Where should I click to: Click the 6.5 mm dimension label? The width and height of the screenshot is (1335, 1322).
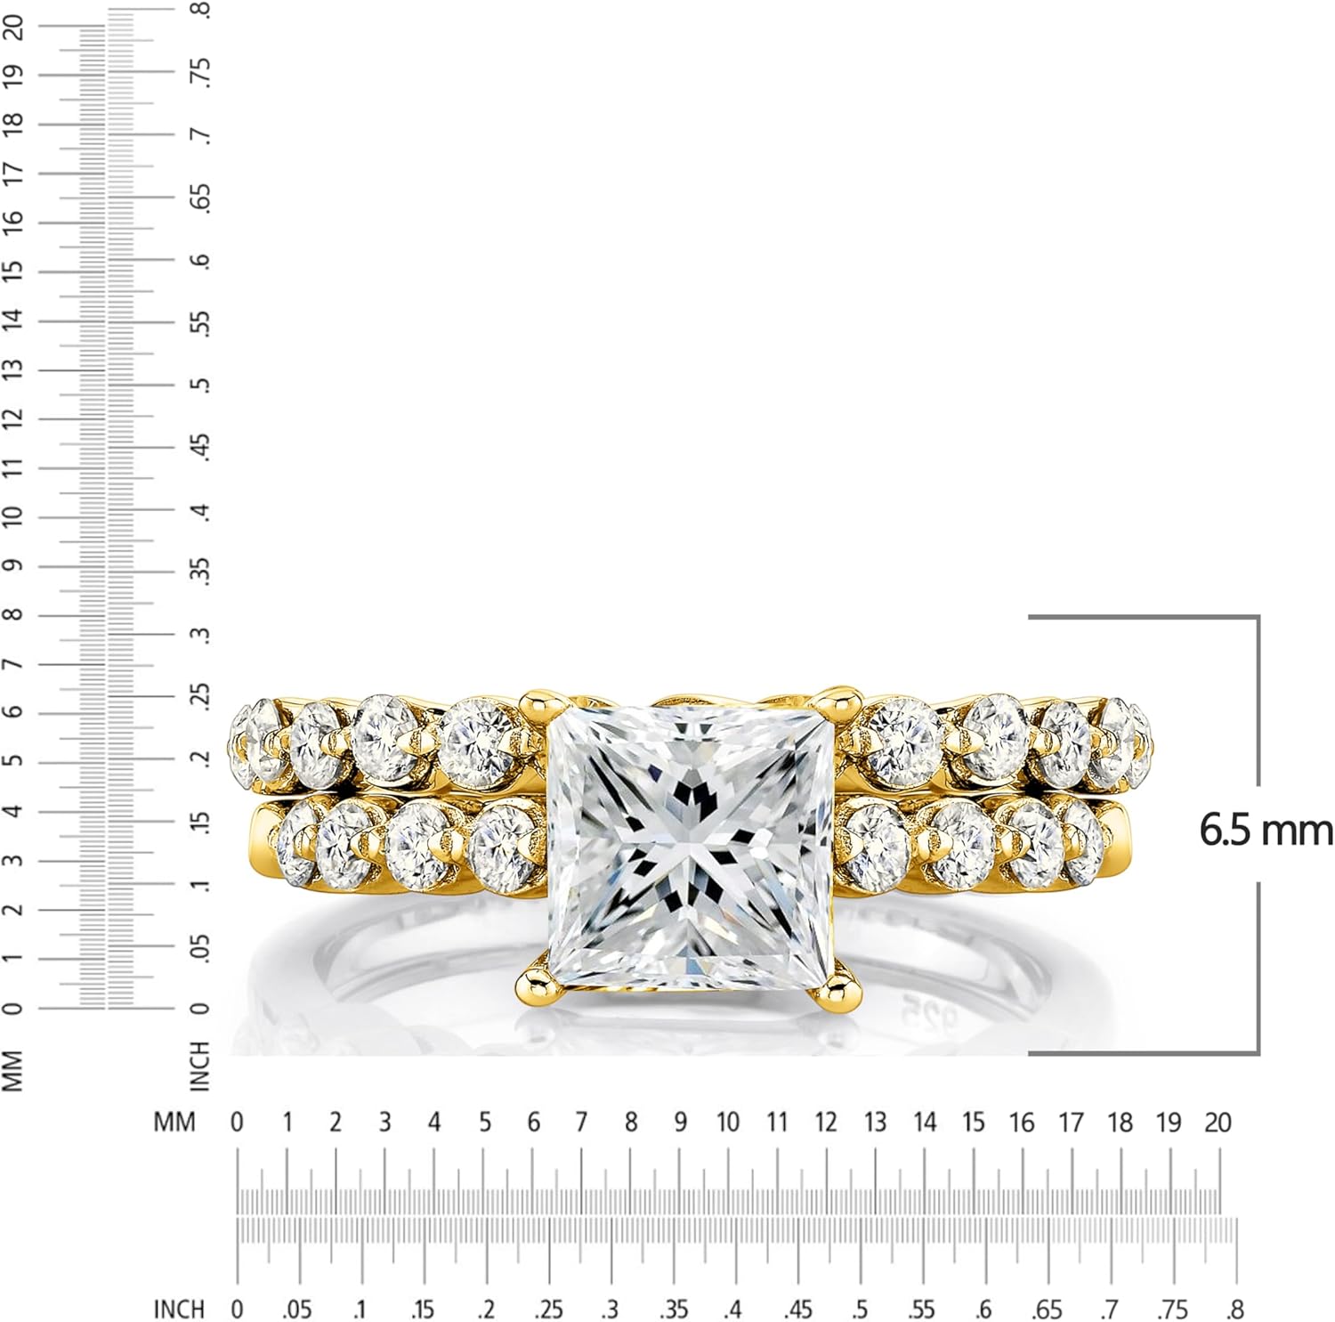[1266, 831]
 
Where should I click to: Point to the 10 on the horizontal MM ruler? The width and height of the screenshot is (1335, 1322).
[728, 1123]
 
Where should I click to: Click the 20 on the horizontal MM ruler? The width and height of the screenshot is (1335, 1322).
[1218, 1123]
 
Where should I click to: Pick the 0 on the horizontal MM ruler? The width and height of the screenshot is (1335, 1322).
[237, 1123]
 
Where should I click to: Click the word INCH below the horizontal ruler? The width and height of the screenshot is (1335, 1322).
[179, 1309]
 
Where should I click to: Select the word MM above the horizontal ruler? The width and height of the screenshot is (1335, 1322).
[174, 1123]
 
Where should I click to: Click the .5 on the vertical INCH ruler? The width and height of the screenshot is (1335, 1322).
[203, 385]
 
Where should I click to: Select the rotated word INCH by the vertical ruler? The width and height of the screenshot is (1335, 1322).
[201, 1066]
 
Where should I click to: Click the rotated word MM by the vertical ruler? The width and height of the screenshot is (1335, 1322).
[12, 1069]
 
